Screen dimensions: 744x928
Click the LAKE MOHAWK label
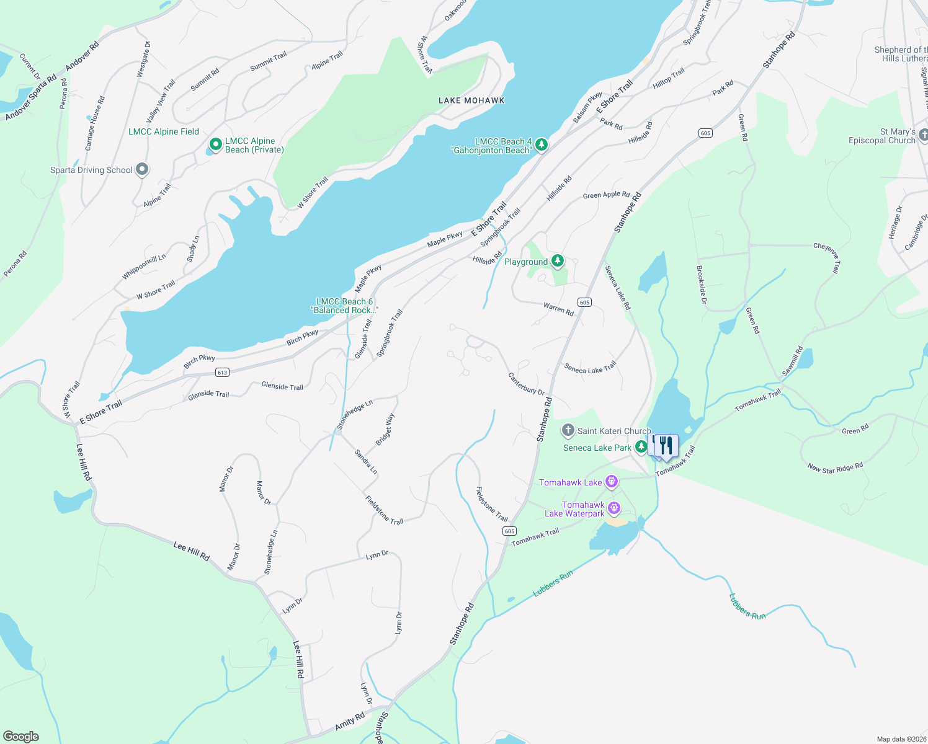471,100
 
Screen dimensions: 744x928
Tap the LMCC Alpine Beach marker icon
215,144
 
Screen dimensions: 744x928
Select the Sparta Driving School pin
142,169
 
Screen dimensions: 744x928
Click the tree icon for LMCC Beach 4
542,144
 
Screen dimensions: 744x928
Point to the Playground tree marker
558,261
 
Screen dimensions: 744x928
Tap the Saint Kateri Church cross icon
568,430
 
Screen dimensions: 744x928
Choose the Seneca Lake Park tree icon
641,447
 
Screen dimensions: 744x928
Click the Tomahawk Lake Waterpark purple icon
614,509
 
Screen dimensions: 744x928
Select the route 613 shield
223,373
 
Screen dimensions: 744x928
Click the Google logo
21,737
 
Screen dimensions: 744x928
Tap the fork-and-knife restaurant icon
666,445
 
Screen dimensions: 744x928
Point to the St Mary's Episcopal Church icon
923,135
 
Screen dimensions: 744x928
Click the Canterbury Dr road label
526,384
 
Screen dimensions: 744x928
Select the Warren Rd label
558,309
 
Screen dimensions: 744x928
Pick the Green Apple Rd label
606,195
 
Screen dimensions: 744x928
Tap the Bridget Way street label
385,430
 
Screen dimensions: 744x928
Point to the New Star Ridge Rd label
835,467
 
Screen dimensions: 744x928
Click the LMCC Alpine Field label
164,131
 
